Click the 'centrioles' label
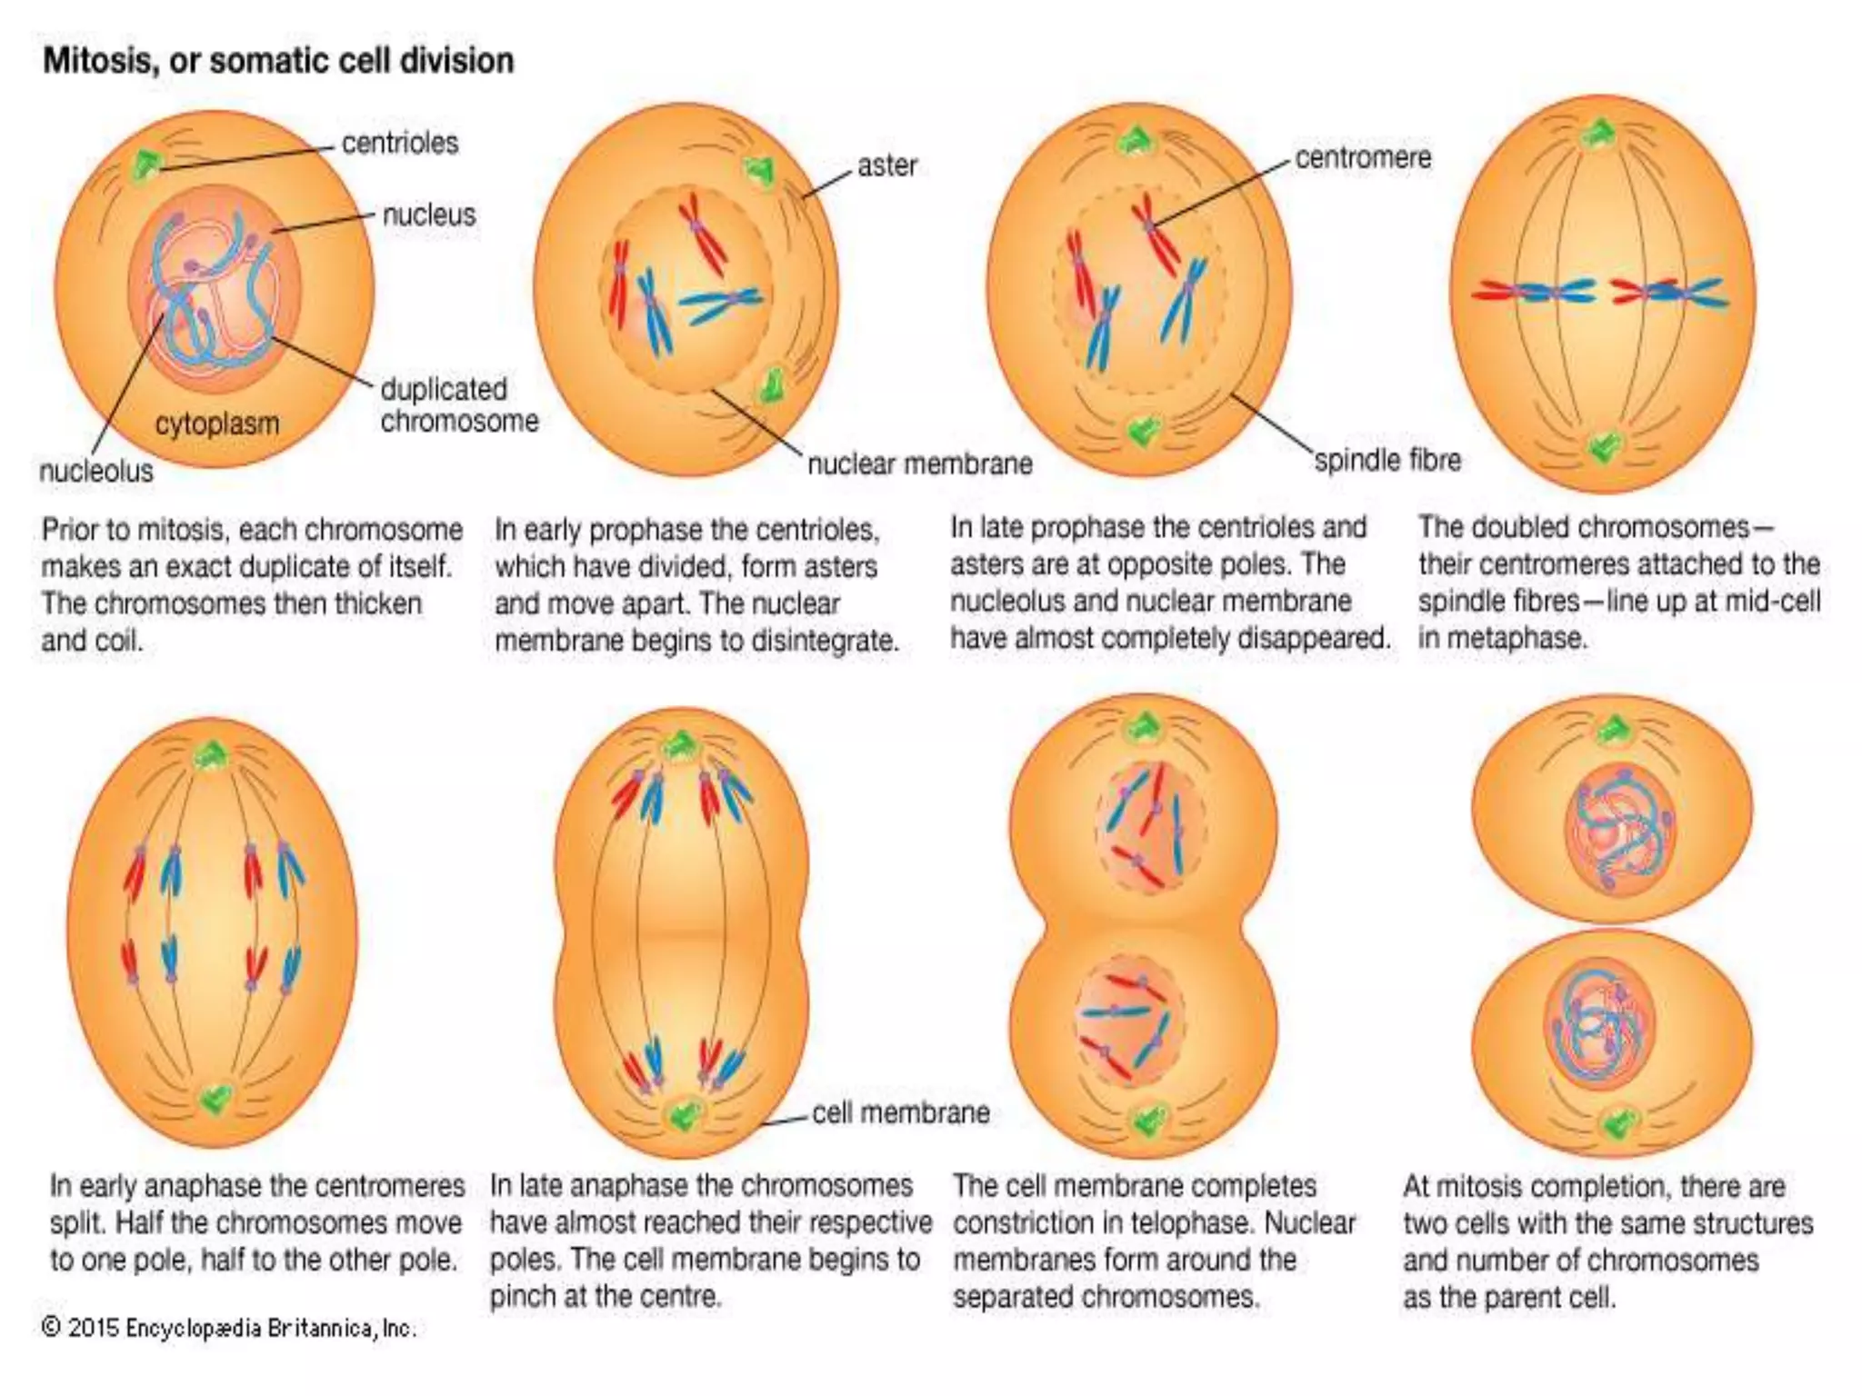(400, 144)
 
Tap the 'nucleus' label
(429, 215)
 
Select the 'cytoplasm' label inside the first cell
(217, 424)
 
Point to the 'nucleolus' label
(96, 471)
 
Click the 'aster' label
(887, 165)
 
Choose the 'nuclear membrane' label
(919, 464)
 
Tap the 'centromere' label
(1363, 158)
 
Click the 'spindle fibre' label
(1387, 460)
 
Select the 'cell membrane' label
(900, 1112)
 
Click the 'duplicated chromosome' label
(459, 405)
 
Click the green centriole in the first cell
(145, 165)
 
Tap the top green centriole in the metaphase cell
(1598, 135)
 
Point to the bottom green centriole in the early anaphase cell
(215, 1099)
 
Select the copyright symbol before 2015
(52, 1328)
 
